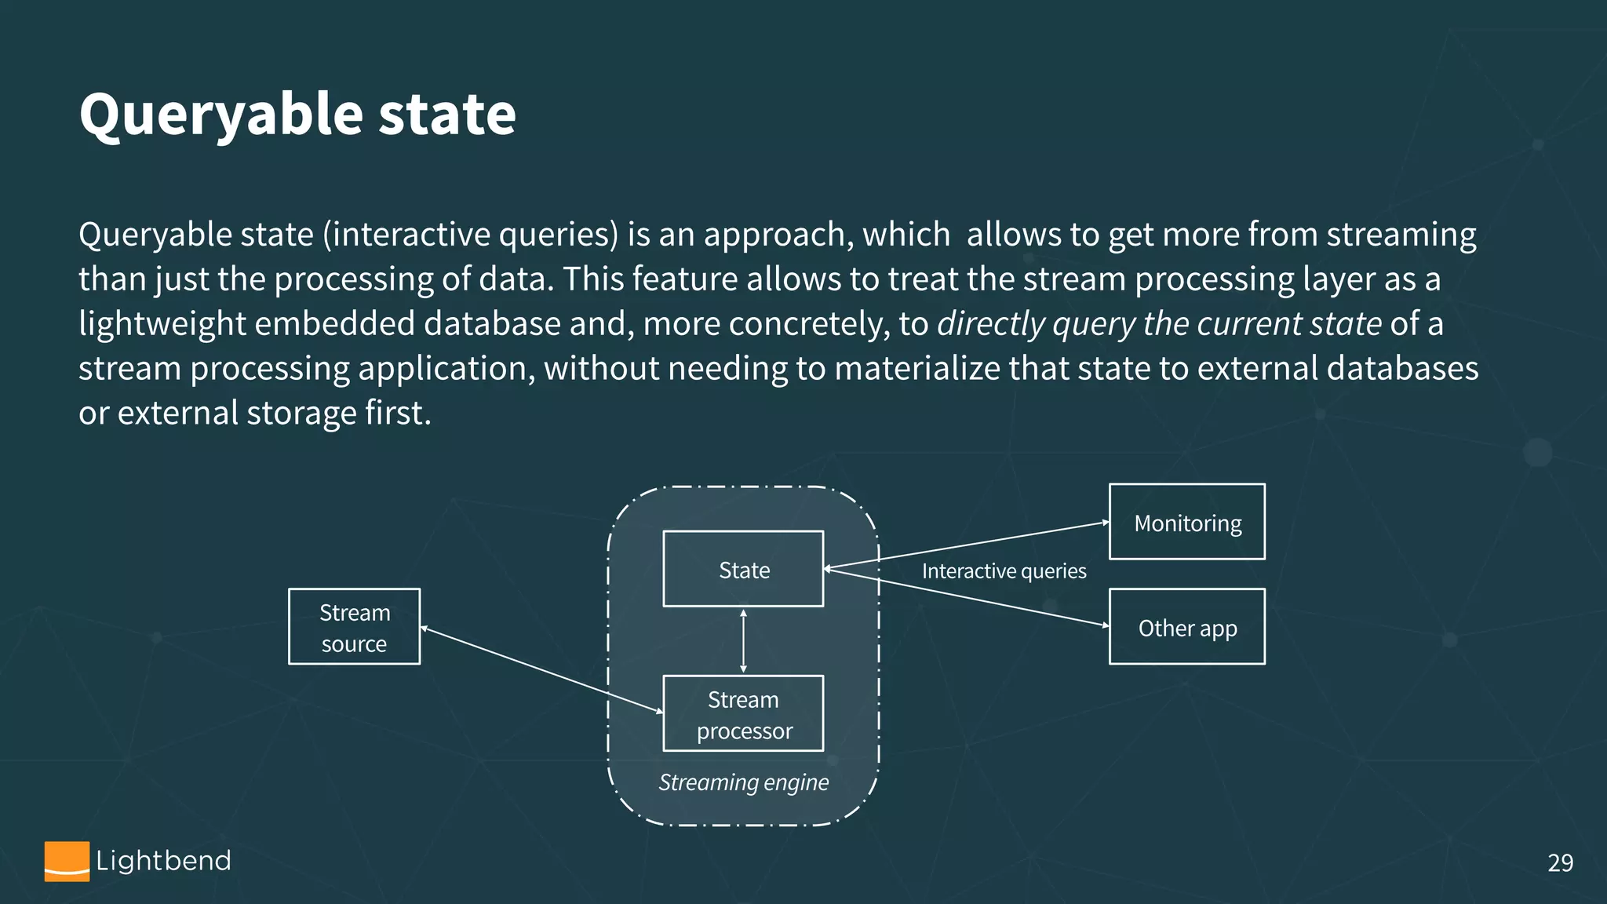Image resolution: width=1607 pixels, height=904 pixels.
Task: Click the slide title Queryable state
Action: tap(297, 115)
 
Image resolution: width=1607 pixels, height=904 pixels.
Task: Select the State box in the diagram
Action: tap(743, 569)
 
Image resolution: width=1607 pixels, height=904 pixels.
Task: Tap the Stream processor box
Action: tap(743, 713)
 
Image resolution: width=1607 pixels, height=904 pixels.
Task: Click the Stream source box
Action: tap(354, 627)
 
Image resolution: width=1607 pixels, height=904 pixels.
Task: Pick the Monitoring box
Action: tap(1186, 522)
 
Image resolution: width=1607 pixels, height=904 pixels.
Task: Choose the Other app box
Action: tap(1186, 627)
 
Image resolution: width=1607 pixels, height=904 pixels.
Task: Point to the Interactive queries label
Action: tap(1004, 571)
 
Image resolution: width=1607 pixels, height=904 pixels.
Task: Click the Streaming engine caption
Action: tap(743, 782)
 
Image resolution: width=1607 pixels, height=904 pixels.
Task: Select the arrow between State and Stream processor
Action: tap(743, 640)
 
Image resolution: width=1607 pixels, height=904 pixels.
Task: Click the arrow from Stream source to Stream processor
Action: tap(541, 669)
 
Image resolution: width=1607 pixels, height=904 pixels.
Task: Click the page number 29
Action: tap(1560, 862)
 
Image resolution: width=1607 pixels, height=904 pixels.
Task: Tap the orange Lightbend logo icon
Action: tap(67, 861)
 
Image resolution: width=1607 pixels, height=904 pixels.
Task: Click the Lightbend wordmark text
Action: tap(163, 861)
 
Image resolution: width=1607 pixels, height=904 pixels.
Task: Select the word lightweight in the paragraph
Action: tap(162, 324)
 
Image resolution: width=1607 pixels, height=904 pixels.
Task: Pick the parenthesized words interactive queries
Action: tap(471, 235)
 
